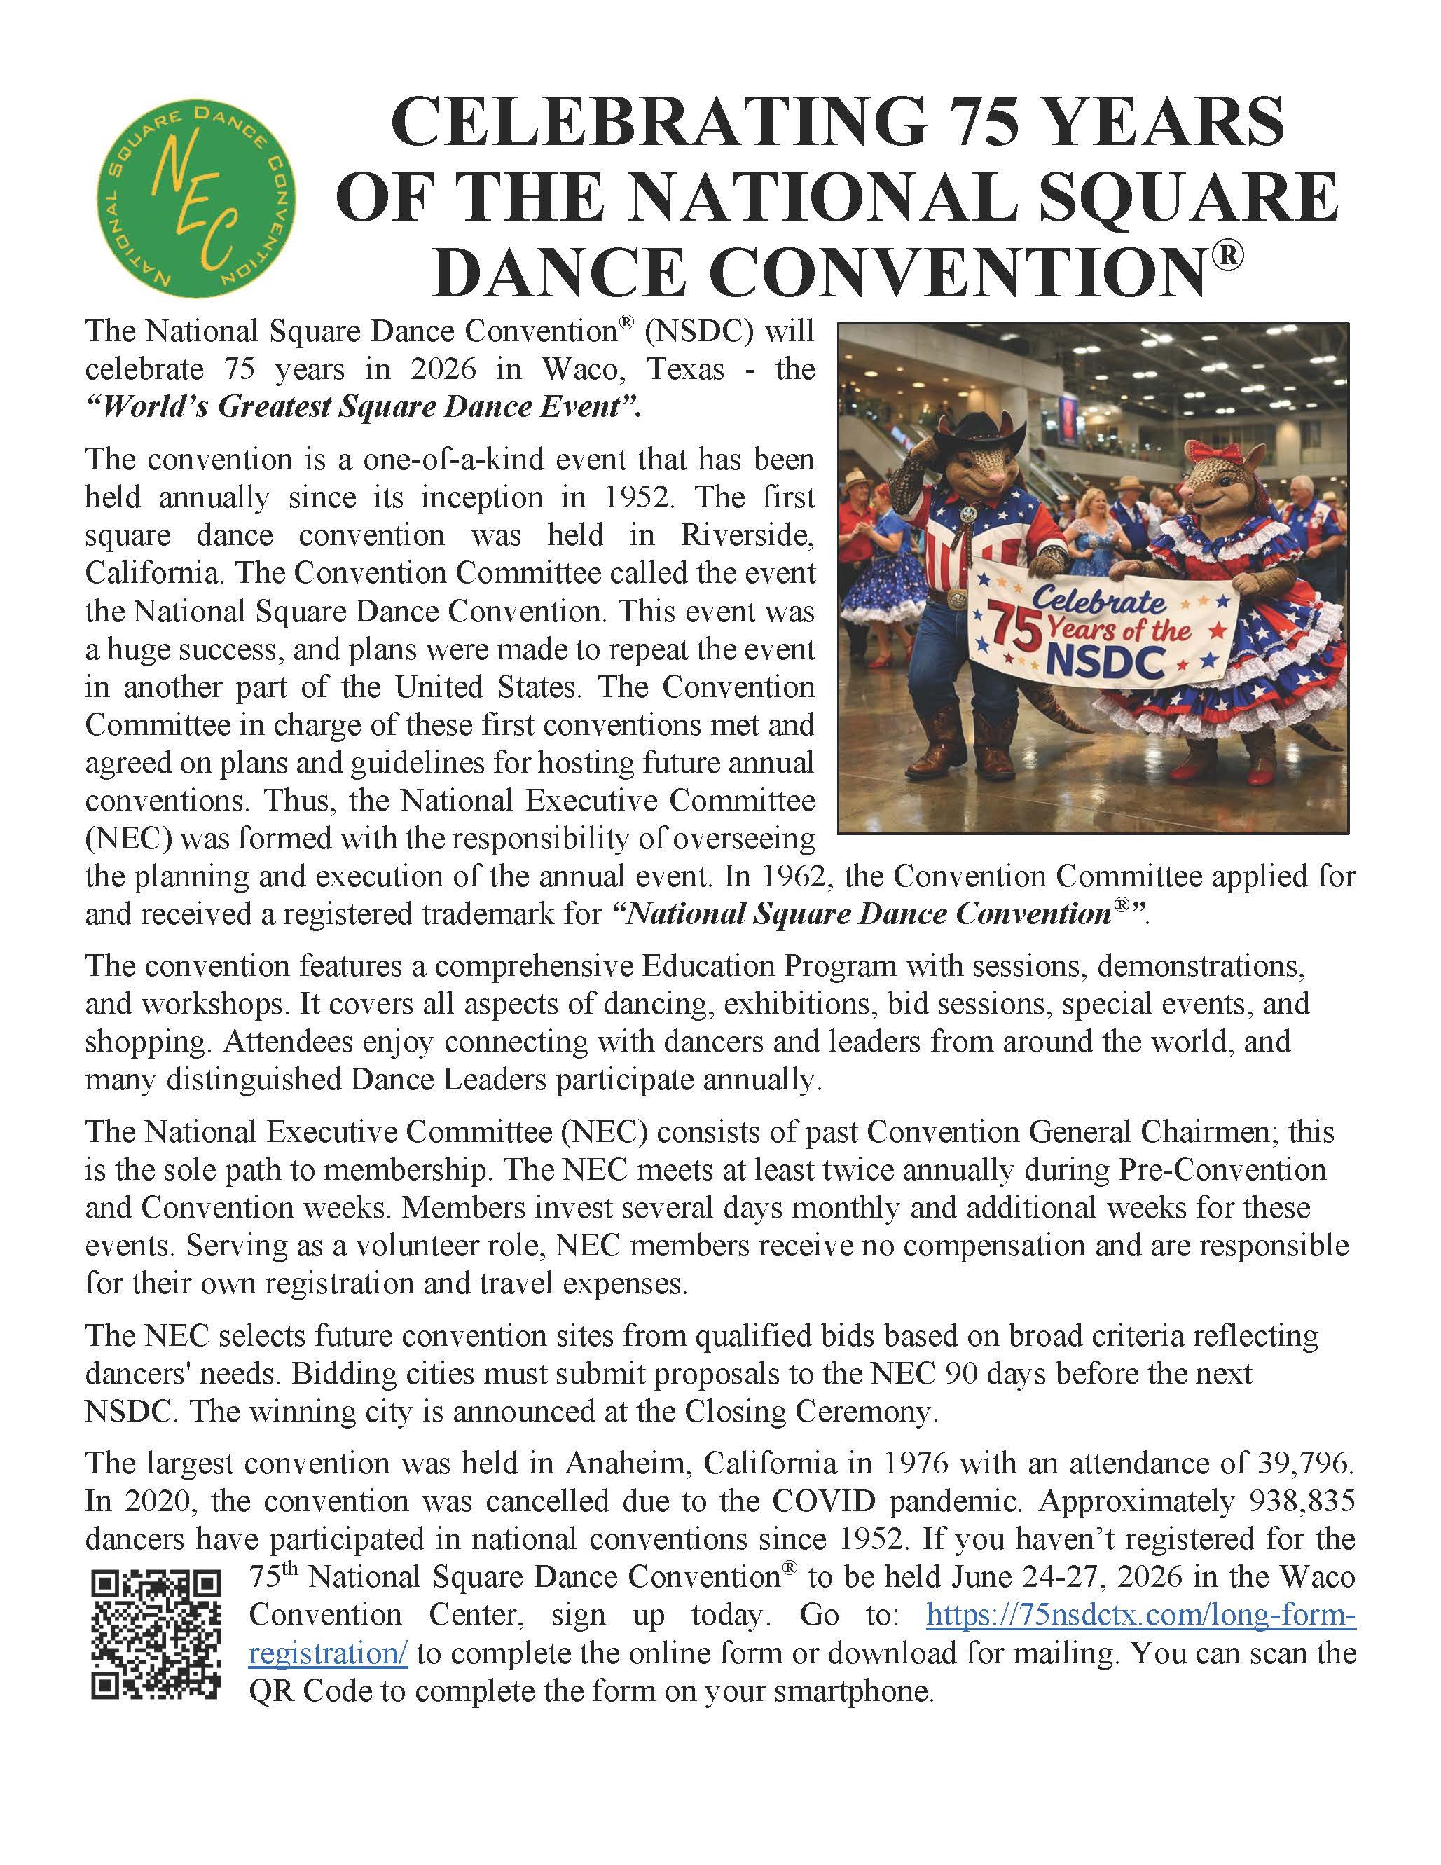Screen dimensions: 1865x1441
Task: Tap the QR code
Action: pyautogui.click(x=156, y=1635)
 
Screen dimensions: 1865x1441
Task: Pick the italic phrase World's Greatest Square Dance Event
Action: pyautogui.click(x=364, y=407)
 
